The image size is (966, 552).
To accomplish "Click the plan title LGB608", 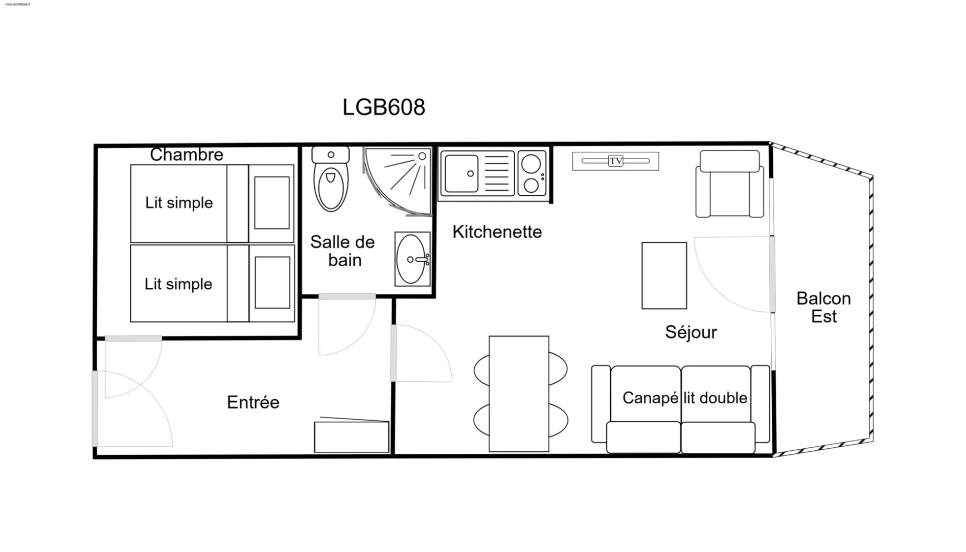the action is click(x=383, y=107).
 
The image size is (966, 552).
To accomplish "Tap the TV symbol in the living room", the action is click(x=615, y=161).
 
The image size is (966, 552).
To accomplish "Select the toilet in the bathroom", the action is click(x=331, y=179).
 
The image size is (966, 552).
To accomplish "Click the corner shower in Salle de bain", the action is click(x=398, y=181).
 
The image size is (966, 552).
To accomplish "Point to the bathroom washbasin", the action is click(x=412, y=259).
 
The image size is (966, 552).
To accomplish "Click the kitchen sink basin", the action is click(x=461, y=174).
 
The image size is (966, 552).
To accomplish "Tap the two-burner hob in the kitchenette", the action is click(x=532, y=173).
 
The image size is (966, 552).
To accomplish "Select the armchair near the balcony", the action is click(x=729, y=183).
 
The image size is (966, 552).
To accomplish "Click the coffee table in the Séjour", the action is click(x=664, y=275).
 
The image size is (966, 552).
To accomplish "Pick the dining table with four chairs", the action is click(x=519, y=394).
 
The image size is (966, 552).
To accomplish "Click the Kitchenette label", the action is click(x=497, y=232).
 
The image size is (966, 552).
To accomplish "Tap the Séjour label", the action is click(x=691, y=332).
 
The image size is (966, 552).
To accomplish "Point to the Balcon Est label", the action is click(x=823, y=307).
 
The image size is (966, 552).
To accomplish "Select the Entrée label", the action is click(x=253, y=402).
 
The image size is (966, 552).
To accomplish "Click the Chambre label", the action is click(x=187, y=154).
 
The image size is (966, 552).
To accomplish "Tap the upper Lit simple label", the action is click(x=179, y=202).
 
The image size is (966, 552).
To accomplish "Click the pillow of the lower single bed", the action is click(x=272, y=283).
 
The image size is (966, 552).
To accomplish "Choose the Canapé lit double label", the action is click(x=685, y=398).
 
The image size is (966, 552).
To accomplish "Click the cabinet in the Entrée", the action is click(x=352, y=436).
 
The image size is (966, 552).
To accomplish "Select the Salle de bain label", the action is click(x=343, y=251).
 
